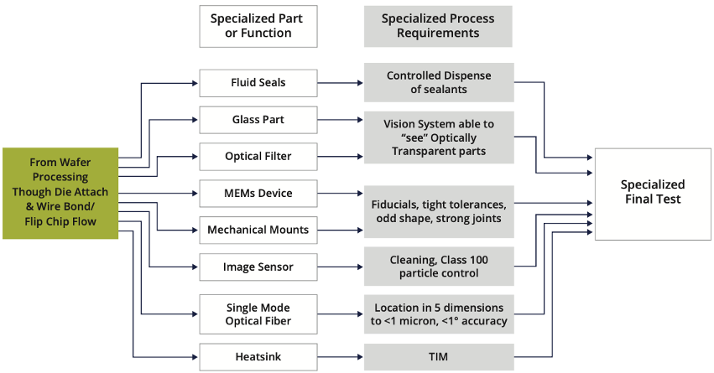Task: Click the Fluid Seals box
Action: pos(258,83)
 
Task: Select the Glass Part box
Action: pos(258,120)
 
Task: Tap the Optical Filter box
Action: pos(258,157)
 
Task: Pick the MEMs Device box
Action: pos(258,193)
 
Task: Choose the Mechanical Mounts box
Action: pos(258,230)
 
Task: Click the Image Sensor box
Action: pos(258,267)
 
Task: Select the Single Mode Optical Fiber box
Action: pos(258,314)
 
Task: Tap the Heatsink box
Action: pos(258,357)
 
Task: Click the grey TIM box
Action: pos(438,357)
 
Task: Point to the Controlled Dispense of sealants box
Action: pos(438,83)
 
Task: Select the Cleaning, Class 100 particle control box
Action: pos(438,267)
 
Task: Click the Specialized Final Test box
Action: pos(652,193)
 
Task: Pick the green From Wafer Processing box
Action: pos(60,193)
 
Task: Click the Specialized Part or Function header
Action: pos(258,26)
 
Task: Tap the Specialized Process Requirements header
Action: pos(438,26)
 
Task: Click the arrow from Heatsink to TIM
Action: pos(340,357)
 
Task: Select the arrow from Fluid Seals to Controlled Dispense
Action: pos(340,83)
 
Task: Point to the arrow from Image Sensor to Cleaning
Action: pos(340,267)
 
